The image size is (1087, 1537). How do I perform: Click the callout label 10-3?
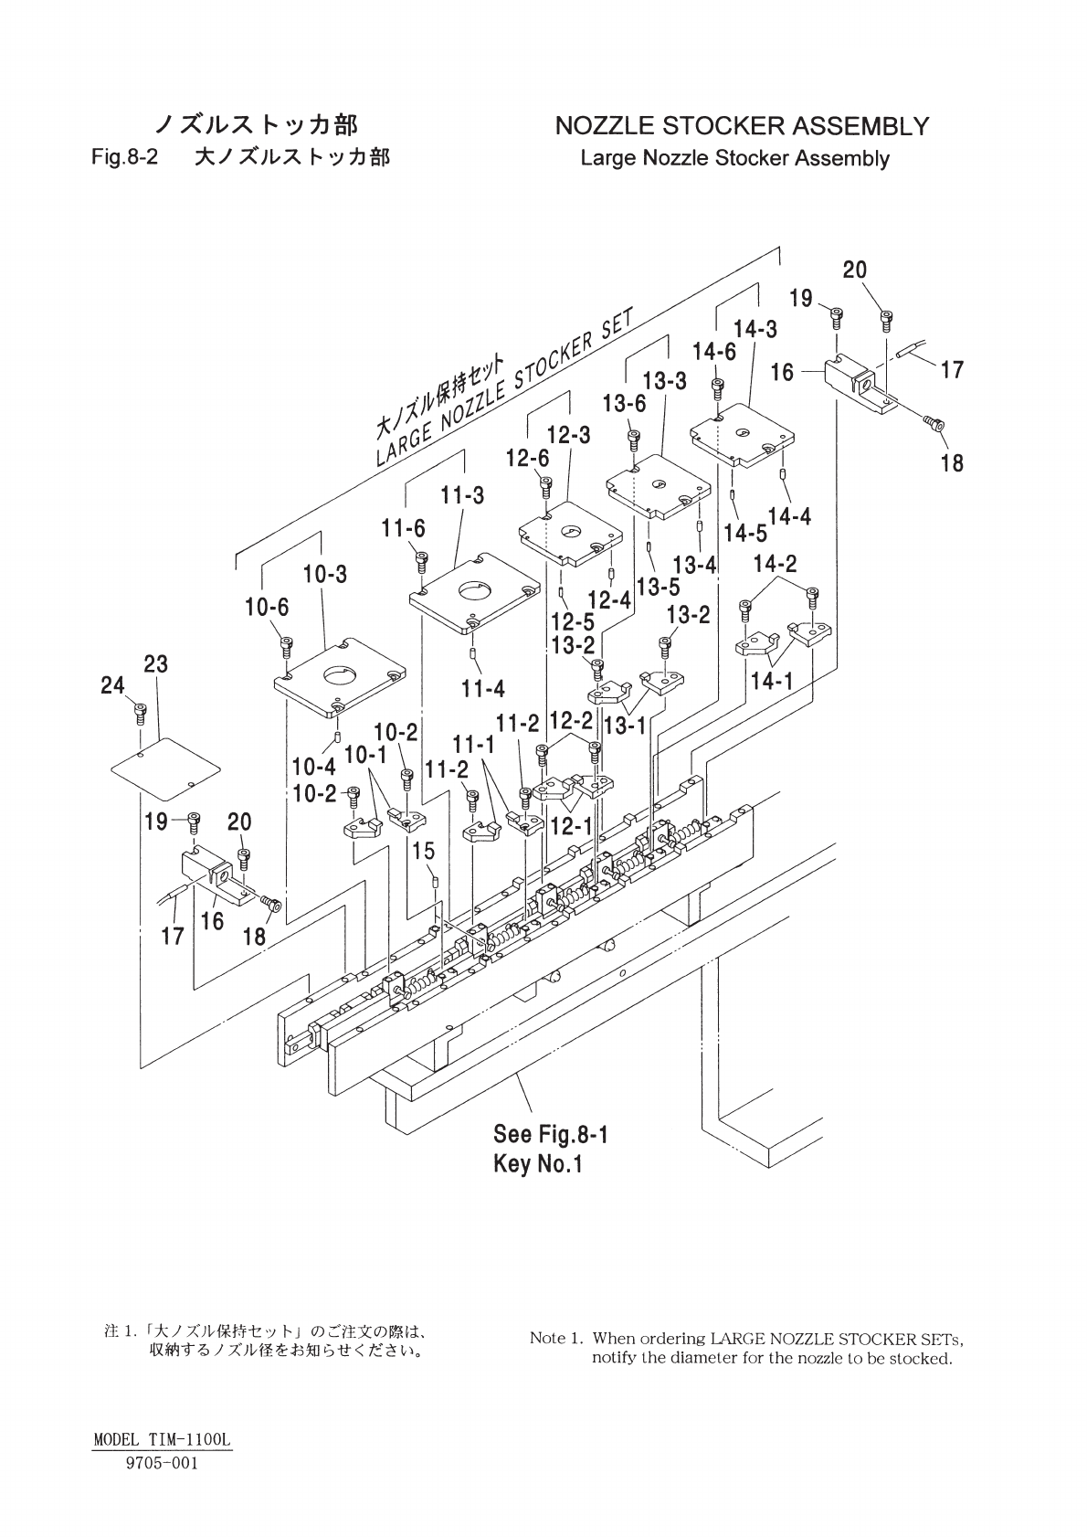325,574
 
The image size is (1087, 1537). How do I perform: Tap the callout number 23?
155,664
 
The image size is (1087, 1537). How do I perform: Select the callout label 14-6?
714,352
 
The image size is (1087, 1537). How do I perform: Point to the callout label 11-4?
483,688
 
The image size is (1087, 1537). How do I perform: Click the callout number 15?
424,851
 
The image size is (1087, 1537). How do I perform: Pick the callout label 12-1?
571,826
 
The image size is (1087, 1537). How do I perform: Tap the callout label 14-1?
772,682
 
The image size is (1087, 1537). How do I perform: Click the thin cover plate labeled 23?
165,768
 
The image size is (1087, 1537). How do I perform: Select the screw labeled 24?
140,714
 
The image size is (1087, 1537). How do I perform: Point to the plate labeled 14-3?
742,437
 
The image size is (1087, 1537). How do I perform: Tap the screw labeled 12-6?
546,487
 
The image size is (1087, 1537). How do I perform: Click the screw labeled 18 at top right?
933,423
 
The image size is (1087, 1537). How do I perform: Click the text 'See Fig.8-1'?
551,1134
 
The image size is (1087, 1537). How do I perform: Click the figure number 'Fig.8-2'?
125,158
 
